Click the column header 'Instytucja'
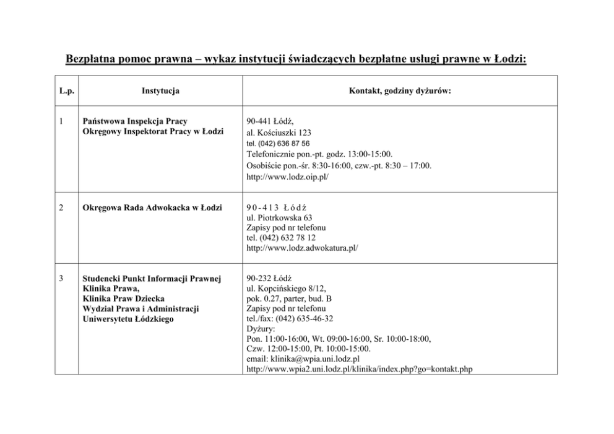(160, 91)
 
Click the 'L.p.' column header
(67, 91)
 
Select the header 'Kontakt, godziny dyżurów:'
(400, 91)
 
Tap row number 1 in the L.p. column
(61, 121)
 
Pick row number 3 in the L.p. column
(61, 278)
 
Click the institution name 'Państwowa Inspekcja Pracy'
(134, 121)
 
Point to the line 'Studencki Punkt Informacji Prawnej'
(152, 278)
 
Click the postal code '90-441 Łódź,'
(270, 121)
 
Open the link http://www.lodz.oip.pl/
(287, 176)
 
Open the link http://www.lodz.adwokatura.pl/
(302, 248)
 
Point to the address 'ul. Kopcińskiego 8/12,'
(286, 288)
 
